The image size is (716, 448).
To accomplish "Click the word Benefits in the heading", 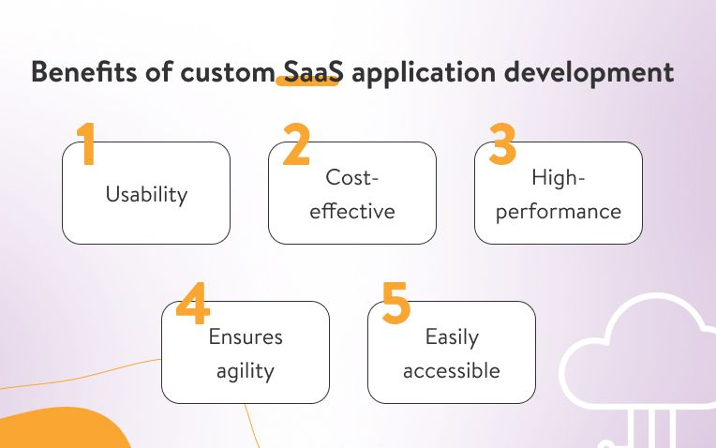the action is (84, 72).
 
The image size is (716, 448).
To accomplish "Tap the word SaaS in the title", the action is (313, 72).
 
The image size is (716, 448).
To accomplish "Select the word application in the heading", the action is (424, 73).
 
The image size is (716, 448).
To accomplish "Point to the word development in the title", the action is (589, 73).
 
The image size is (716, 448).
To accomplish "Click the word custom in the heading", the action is (227, 73).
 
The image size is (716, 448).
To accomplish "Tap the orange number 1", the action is (86, 143).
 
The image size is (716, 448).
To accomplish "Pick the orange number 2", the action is (297, 143).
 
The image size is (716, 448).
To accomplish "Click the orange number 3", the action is (502, 143).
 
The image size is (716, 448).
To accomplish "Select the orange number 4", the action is (193, 304).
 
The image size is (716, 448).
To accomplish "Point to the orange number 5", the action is (395, 304).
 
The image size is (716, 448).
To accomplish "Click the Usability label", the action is (146, 195).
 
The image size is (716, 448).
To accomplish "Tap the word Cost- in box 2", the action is (352, 177).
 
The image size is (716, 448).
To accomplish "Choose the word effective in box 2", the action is (352, 211).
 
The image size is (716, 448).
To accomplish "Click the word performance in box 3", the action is (559, 213).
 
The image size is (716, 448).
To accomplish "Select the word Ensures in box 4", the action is (246, 337).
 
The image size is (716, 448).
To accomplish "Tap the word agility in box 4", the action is (246, 371).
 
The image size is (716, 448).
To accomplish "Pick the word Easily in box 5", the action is (452, 338).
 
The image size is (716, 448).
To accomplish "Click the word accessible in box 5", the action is (452, 370).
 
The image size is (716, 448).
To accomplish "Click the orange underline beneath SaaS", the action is (307, 82).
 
